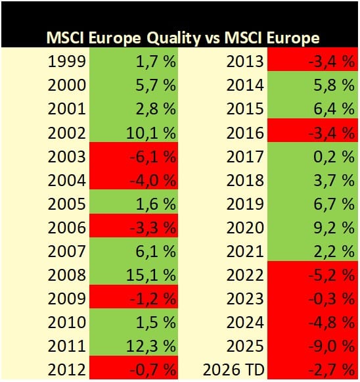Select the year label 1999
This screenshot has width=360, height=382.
(67, 61)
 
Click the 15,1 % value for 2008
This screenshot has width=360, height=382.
(151, 275)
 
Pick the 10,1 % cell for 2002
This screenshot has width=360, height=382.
(151, 133)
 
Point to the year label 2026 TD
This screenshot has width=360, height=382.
(233, 370)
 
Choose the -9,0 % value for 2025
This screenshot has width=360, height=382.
(332, 346)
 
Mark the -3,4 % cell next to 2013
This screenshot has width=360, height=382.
(332, 61)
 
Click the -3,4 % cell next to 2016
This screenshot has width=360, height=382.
(332, 133)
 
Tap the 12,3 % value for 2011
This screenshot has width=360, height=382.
(151, 346)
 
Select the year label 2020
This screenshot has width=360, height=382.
(245, 227)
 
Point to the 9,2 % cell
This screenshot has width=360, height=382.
(334, 227)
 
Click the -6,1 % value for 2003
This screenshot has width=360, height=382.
(153, 156)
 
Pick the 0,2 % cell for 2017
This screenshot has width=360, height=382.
(334, 156)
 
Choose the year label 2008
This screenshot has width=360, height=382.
(67, 275)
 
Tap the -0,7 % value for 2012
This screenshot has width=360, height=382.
(153, 370)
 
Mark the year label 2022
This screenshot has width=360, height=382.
(245, 275)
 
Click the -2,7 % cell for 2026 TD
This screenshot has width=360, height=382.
(332, 370)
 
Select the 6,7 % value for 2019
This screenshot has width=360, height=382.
(334, 204)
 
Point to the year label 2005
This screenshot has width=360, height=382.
(67, 204)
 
